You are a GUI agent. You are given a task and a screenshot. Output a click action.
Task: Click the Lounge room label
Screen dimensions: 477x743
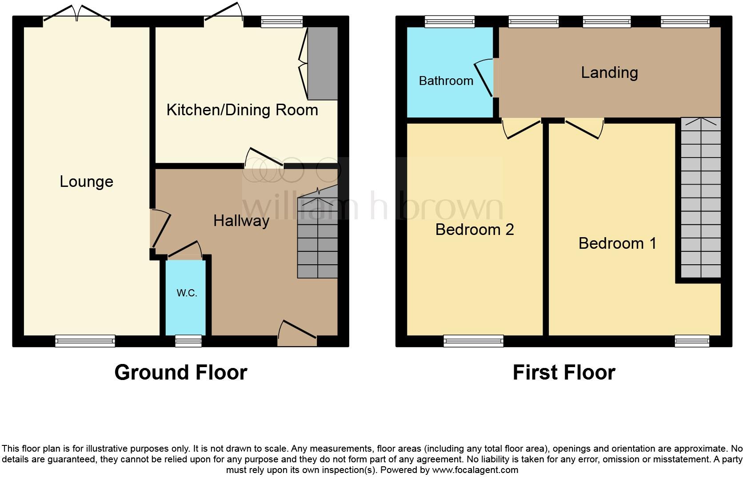[86, 182]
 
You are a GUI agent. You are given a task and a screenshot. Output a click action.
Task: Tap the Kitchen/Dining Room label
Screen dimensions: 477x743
[242, 110]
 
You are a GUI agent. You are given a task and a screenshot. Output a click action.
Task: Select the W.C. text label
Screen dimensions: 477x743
[187, 293]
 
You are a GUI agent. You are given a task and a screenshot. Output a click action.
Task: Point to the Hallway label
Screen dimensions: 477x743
[241, 221]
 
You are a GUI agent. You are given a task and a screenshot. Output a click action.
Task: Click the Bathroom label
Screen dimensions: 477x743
[446, 81]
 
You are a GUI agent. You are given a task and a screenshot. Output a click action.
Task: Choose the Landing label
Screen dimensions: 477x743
[609, 73]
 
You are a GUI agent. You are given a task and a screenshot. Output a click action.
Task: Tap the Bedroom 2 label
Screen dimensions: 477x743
[474, 230]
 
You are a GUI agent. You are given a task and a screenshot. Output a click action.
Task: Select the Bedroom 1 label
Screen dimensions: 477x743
[617, 243]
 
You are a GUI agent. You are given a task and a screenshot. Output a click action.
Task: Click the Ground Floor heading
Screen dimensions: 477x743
[180, 372]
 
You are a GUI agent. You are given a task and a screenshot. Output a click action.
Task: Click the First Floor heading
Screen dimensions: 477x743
[563, 372]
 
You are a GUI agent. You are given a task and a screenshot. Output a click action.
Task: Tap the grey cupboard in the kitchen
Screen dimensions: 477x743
[323, 63]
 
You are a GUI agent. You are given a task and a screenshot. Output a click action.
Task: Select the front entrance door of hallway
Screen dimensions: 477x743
[297, 335]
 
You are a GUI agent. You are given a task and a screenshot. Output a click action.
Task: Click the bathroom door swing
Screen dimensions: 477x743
[484, 78]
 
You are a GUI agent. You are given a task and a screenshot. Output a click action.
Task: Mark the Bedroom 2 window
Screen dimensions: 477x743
[473, 341]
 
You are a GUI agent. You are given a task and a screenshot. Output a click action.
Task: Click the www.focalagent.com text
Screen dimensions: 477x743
[475, 470]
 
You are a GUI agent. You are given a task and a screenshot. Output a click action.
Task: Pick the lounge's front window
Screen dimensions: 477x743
[85, 341]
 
